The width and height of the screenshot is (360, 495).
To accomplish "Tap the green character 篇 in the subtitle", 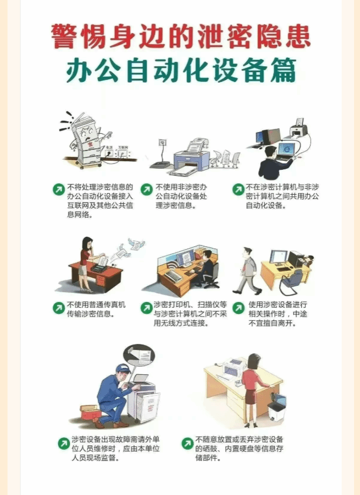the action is point(283,70).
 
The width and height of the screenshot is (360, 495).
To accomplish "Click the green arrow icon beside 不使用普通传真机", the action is point(59,308).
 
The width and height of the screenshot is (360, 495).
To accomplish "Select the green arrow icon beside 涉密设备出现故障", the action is point(64,443).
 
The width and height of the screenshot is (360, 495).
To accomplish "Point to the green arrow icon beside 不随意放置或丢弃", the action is point(188,443).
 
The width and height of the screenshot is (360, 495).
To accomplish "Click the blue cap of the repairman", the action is point(123,368).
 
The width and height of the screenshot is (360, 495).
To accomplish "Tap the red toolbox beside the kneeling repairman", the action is point(90,411).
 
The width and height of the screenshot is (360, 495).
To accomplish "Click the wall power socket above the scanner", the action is point(162,142).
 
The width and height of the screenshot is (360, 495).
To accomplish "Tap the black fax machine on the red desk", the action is point(99,268).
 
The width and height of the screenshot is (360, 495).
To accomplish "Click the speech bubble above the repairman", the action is point(139,355).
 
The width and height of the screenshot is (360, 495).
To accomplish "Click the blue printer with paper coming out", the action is point(191,160).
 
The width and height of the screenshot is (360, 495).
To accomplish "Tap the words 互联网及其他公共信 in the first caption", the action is point(100,205).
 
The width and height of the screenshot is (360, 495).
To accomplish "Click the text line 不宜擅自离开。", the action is point(272,324).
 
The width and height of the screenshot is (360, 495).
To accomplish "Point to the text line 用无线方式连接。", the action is point(181,324).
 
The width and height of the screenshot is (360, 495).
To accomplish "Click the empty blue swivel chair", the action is point(292,280).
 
